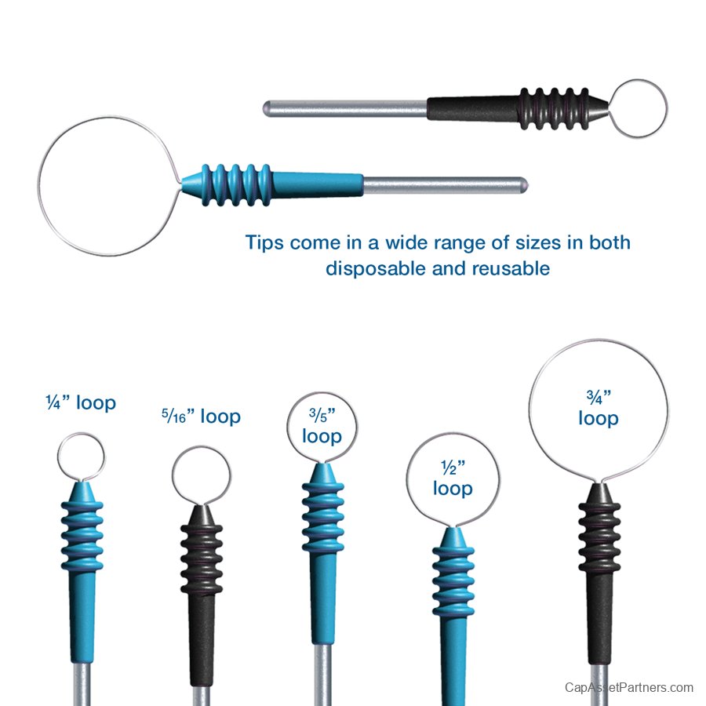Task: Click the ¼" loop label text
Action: click(81, 402)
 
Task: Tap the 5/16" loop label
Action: click(202, 417)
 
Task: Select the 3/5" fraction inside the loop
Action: click(322, 415)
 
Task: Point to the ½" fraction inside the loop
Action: click(453, 468)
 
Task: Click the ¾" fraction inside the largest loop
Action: click(599, 397)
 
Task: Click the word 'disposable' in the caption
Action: click(376, 269)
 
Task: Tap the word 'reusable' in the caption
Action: click(511, 269)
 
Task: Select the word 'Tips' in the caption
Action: click(264, 242)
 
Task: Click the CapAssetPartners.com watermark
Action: click(629, 687)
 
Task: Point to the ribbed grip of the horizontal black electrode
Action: click(554, 109)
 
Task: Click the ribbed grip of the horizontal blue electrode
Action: click(237, 185)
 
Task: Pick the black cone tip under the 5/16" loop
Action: click(202, 515)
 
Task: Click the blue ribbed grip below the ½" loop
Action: click(453, 582)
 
